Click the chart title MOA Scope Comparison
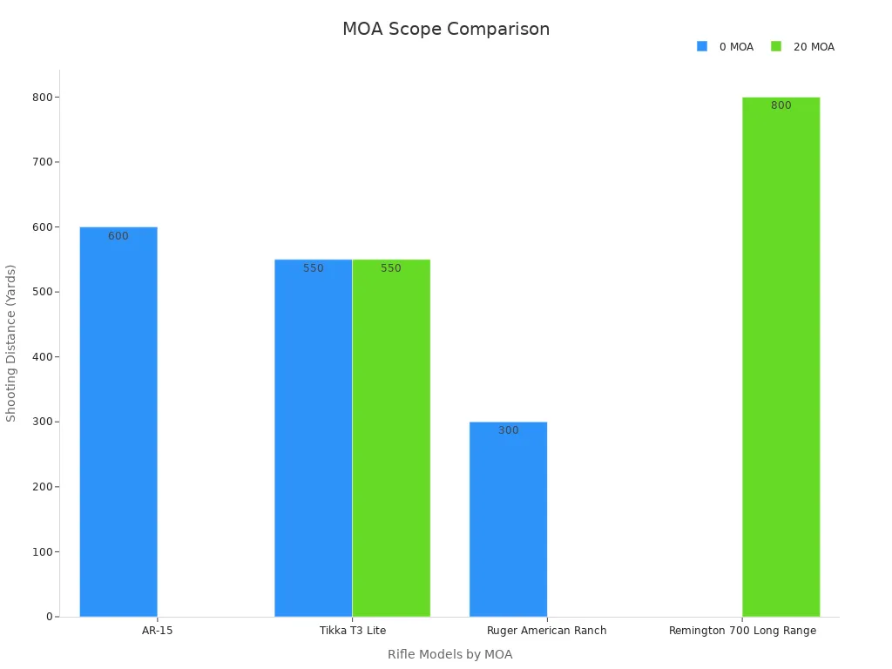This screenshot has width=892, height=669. click(445, 29)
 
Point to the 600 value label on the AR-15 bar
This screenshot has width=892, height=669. click(118, 236)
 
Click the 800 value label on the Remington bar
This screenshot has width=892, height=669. click(780, 105)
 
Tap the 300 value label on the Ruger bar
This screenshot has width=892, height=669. click(508, 430)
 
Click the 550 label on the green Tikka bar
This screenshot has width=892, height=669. click(391, 268)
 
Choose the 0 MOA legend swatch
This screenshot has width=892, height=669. click(702, 46)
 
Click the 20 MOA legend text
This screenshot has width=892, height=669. click(814, 47)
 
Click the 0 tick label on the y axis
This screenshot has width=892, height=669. click(50, 617)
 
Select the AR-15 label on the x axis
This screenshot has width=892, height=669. click(157, 631)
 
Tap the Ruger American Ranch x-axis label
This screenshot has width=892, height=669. click(546, 631)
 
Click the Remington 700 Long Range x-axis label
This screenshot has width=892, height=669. click(742, 631)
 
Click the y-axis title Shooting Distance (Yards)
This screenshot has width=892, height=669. click(11, 342)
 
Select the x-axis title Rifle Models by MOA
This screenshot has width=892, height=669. click(449, 654)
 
